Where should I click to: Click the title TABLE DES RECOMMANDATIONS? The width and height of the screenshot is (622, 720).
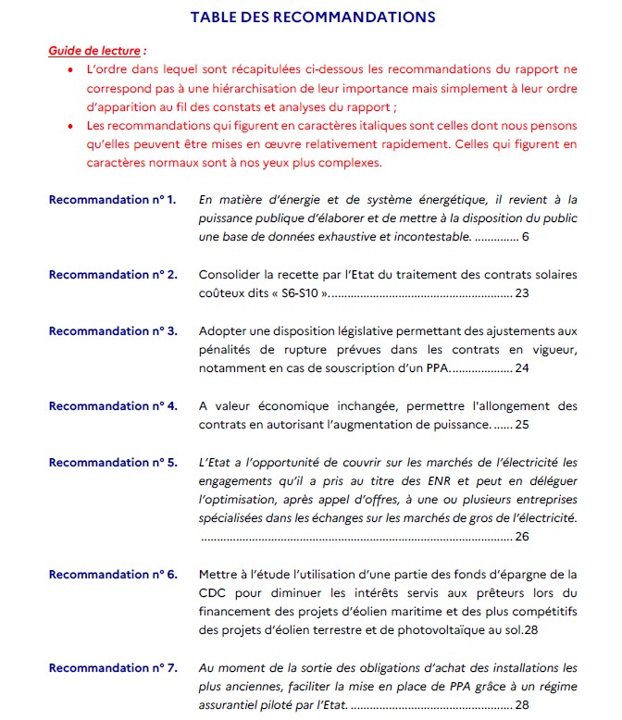[312, 17]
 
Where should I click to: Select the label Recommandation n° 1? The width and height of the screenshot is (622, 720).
[112, 200]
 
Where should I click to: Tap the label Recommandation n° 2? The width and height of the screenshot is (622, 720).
[112, 275]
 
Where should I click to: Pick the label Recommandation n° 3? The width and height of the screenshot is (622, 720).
[112, 331]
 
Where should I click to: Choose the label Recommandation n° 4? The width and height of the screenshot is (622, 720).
[112, 406]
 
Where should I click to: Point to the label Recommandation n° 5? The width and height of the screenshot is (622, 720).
[112, 463]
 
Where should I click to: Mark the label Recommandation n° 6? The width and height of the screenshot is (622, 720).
[112, 575]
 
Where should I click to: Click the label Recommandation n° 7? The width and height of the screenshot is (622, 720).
[112, 668]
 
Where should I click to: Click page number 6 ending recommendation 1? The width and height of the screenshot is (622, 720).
[525, 238]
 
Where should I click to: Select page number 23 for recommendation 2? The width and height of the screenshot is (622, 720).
[521, 293]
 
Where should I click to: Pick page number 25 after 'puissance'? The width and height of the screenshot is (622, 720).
[521, 425]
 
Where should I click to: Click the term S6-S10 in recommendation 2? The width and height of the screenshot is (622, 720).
[298, 293]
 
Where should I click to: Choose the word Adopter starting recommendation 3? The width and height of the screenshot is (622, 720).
[222, 331]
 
